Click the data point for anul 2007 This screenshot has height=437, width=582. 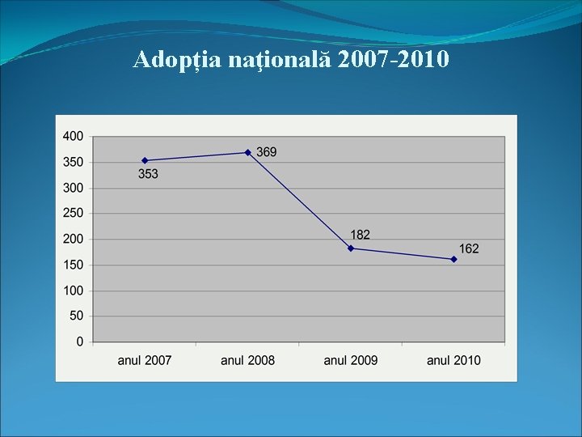[145, 160]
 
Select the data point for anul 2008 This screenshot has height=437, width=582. [248, 152]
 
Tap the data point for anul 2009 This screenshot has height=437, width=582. [351, 248]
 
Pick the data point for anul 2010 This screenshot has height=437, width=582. [453, 259]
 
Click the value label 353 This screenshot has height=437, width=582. [148, 174]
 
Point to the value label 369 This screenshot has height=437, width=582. [267, 152]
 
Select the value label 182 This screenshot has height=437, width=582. [361, 235]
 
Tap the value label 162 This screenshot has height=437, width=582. [469, 248]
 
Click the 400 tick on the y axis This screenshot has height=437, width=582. [73, 137]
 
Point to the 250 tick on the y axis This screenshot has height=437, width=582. [73, 214]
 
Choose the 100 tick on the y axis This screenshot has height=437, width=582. [73, 291]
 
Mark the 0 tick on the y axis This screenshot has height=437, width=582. [79, 342]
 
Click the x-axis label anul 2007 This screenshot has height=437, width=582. [145, 360]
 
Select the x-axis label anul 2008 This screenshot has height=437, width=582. [248, 360]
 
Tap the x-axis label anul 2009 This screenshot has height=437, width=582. [351, 360]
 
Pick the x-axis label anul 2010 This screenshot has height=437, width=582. [453, 360]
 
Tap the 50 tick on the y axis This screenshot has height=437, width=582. [76, 316]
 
